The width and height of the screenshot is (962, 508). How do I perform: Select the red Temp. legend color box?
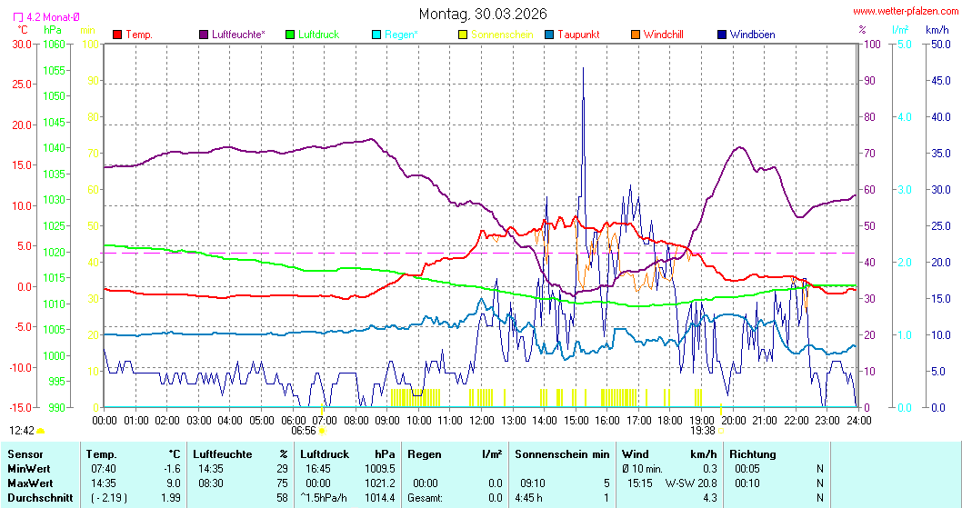point(117,35)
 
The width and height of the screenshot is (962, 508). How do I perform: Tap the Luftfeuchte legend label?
point(238,35)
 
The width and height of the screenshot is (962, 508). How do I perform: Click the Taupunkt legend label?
point(578,35)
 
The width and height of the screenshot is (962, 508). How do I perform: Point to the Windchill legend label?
point(663,35)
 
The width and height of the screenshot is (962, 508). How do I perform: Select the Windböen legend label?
point(752,35)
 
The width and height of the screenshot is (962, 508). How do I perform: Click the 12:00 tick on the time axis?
point(481,421)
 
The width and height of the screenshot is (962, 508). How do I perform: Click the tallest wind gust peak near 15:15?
point(583,68)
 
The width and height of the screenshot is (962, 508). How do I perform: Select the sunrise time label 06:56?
point(304,431)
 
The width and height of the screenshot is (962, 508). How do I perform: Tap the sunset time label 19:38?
point(703,431)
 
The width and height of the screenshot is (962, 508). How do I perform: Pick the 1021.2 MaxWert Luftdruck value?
point(382,483)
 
